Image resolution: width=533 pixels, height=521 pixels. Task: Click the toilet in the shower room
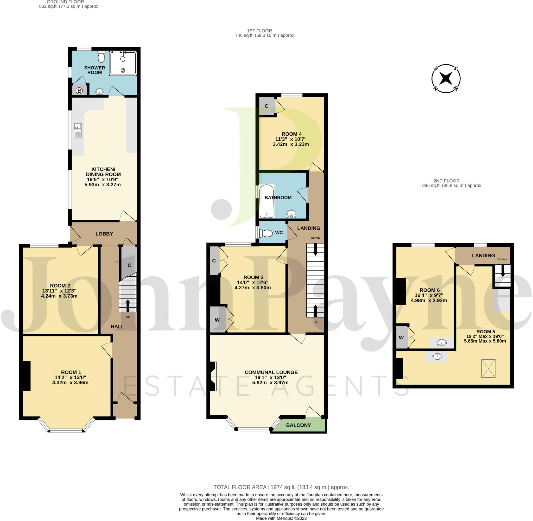[101, 57]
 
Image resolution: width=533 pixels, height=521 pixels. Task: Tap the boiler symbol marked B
[79, 91]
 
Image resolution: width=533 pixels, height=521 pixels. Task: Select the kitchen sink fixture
[78, 131]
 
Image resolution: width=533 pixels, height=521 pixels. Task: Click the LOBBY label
[104, 234]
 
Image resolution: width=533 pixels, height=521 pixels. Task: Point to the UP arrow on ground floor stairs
[128, 305]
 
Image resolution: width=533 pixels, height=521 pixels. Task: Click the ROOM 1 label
[71, 372]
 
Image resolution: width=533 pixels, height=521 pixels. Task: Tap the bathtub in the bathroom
[266, 201]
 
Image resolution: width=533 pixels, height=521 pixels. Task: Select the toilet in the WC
[266, 233]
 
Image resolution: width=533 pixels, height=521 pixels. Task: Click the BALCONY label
[298, 425]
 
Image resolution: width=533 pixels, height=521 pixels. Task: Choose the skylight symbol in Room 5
[488, 368]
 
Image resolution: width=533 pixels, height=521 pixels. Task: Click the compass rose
[446, 79]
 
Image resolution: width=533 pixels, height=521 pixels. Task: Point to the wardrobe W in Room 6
[401, 337]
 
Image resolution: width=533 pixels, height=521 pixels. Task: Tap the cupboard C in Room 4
[266, 106]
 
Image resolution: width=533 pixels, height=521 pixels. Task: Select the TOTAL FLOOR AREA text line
[281, 487]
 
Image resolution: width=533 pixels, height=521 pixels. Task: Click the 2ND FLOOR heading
[446, 181]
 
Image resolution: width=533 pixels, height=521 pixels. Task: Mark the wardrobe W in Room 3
[217, 320]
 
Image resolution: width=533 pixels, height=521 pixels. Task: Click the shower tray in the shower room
[123, 63]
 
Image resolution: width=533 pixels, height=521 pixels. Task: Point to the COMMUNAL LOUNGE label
[271, 372]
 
